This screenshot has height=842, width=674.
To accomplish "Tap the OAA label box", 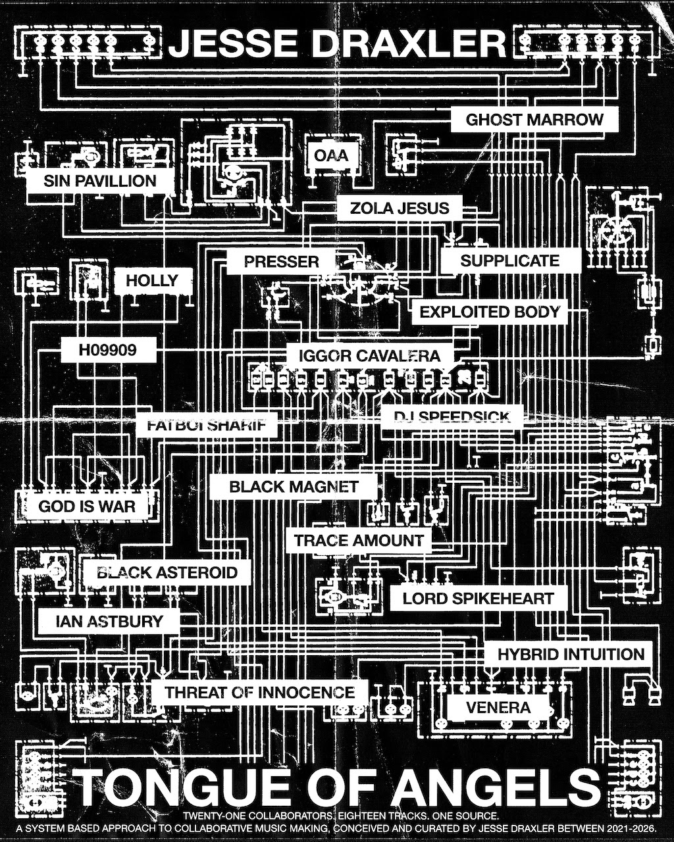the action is pos(331,155).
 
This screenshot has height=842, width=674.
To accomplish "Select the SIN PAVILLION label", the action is pos(100,181).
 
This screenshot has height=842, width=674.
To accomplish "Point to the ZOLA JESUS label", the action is pos(400,208).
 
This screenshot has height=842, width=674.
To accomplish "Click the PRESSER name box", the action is pos(282,261).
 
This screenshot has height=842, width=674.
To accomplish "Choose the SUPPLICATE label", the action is pos(510,260).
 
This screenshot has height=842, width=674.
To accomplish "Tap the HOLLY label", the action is pos(152,280).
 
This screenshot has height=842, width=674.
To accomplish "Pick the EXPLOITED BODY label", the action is pos(490,312).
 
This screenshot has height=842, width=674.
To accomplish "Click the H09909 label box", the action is pos(108,349).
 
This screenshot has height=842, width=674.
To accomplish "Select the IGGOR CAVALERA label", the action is pos(370,356).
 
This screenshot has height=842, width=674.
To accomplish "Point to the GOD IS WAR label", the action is pos(86,506).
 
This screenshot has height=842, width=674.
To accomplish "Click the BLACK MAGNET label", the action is pos(294,486).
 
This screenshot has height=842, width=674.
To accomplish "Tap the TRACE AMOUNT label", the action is pos(358,540).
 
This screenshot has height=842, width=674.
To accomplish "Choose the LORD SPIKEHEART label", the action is pos(478,598).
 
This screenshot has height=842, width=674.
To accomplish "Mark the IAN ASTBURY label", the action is pos(109,621).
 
